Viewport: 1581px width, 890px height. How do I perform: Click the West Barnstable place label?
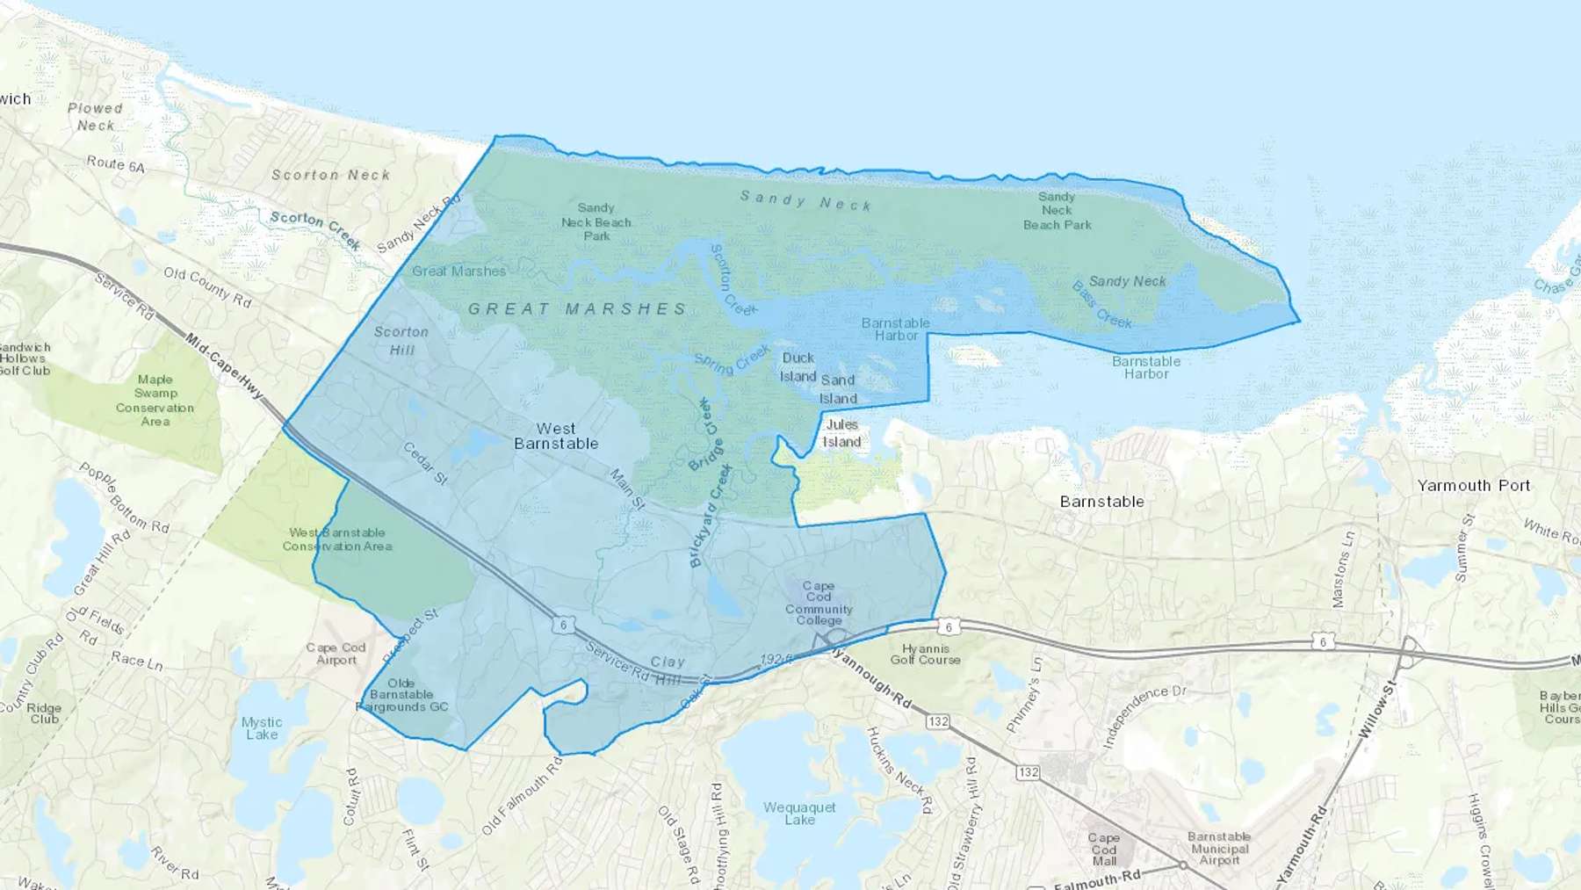[x=556, y=436]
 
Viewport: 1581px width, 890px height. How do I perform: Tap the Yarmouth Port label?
[x=1473, y=486]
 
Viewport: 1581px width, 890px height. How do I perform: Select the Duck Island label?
[x=798, y=367]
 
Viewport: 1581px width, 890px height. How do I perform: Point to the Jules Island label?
[x=841, y=433]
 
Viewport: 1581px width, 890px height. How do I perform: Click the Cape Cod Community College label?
[x=819, y=603]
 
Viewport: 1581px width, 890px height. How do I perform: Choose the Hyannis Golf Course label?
[x=925, y=655]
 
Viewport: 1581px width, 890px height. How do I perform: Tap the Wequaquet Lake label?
[x=799, y=814]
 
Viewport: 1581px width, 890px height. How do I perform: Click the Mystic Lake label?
[x=262, y=728]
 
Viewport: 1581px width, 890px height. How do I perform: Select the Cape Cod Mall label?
[x=1104, y=850]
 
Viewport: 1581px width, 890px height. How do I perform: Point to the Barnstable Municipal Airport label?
[x=1219, y=849]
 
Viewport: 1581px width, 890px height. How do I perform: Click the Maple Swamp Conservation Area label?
[x=155, y=401]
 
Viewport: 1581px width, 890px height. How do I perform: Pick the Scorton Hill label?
[x=401, y=341]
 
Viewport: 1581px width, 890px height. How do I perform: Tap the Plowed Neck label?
[x=95, y=117]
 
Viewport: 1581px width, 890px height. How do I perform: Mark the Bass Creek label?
[x=1102, y=305]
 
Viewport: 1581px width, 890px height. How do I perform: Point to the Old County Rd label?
[x=207, y=287]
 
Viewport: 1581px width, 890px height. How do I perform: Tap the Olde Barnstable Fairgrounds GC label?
[x=402, y=695]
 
